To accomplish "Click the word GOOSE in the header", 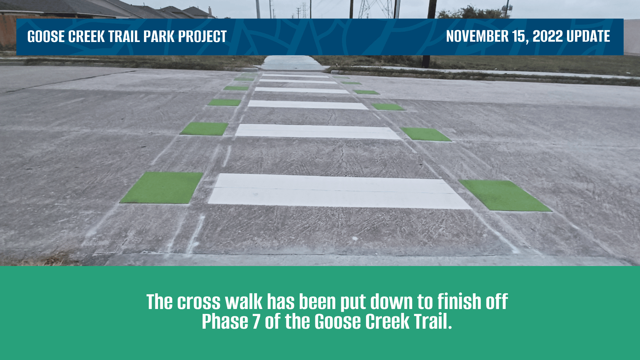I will (x=46, y=37).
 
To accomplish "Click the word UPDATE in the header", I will (x=588, y=36).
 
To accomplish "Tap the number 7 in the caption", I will (x=256, y=322).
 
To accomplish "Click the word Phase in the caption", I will (x=225, y=322).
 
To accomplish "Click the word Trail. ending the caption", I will (x=433, y=322).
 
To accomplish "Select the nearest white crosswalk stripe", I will (x=338, y=191).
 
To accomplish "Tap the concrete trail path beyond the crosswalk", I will (x=291, y=62).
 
